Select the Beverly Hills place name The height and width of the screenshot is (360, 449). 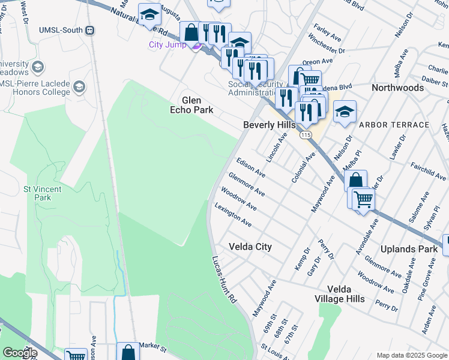point(269,125)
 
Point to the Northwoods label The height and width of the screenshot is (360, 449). point(397,88)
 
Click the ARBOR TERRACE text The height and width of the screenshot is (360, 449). point(394,125)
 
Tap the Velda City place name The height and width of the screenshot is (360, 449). point(250,247)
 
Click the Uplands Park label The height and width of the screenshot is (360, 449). point(409,248)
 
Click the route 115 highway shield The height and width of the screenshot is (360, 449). point(306,135)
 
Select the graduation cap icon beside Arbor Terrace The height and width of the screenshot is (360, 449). point(345,112)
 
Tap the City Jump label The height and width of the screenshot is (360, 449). point(168,44)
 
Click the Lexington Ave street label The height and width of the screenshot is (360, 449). point(233,214)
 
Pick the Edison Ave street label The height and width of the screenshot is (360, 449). point(251,167)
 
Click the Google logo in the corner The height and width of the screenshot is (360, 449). point(20,353)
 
